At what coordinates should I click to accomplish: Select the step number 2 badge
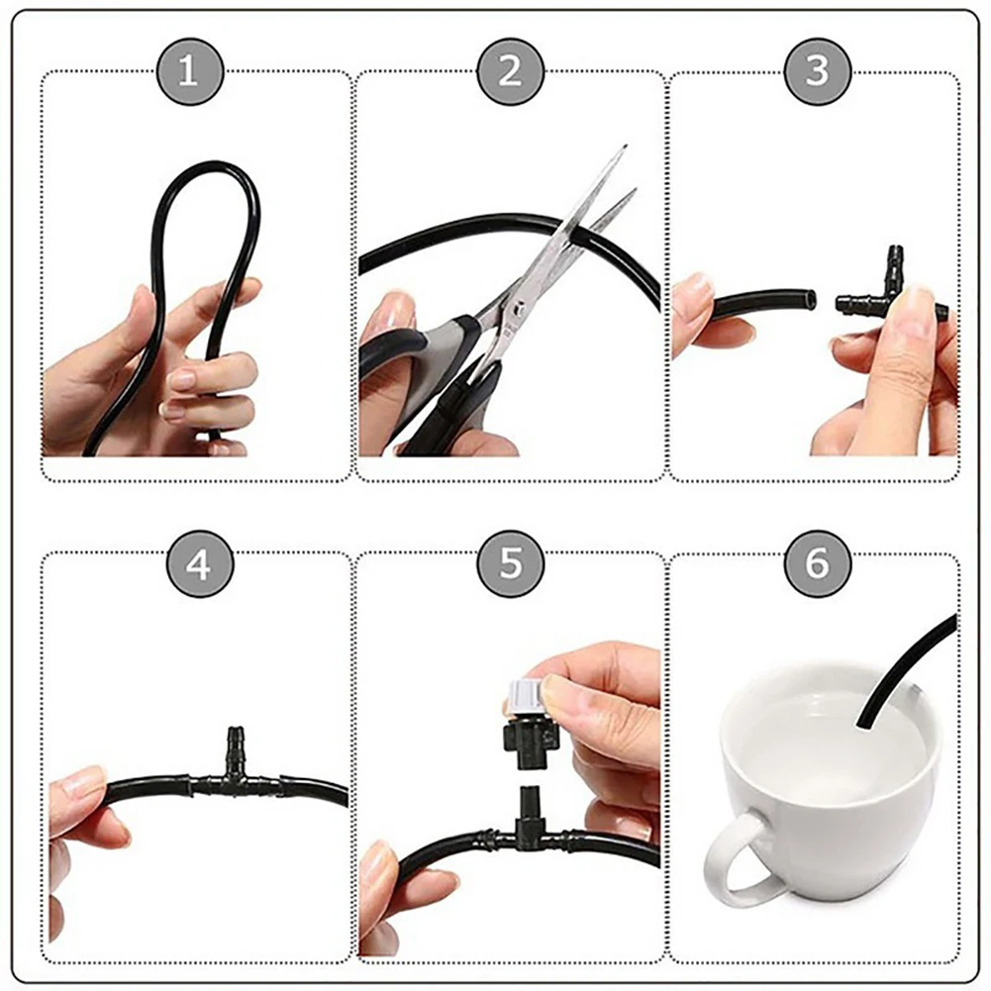tap(510, 71)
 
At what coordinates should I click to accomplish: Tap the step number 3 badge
tap(818, 71)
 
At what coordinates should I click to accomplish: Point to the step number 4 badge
tap(199, 564)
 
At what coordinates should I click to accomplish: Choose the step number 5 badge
tap(510, 564)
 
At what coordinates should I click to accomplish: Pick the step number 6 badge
tap(818, 564)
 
